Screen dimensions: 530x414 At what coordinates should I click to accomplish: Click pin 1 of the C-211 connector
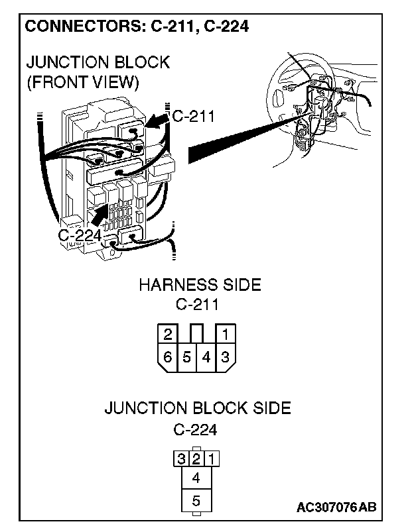click(226, 334)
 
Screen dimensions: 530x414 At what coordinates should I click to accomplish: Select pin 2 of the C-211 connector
click(169, 334)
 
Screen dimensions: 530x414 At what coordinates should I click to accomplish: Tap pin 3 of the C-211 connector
click(226, 357)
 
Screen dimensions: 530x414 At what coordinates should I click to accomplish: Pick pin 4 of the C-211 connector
click(206, 357)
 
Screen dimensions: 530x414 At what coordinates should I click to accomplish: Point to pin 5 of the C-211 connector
click(187, 357)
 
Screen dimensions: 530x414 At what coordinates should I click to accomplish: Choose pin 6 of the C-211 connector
click(169, 357)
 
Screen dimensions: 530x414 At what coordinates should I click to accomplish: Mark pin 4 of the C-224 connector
click(196, 478)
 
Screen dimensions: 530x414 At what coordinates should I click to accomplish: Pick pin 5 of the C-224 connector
click(196, 501)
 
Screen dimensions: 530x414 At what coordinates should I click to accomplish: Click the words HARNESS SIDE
click(200, 286)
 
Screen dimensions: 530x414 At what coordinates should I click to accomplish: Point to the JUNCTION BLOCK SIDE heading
click(198, 408)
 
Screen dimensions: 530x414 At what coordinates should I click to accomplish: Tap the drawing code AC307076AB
click(336, 508)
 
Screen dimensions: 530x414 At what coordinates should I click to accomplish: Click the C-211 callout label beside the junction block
click(193, 117)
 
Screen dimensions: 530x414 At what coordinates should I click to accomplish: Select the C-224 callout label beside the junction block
click(80, 235)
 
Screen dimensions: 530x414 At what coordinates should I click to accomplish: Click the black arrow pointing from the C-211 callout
click(157, 121)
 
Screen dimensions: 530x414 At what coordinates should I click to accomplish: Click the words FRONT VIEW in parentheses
click(82, 83)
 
